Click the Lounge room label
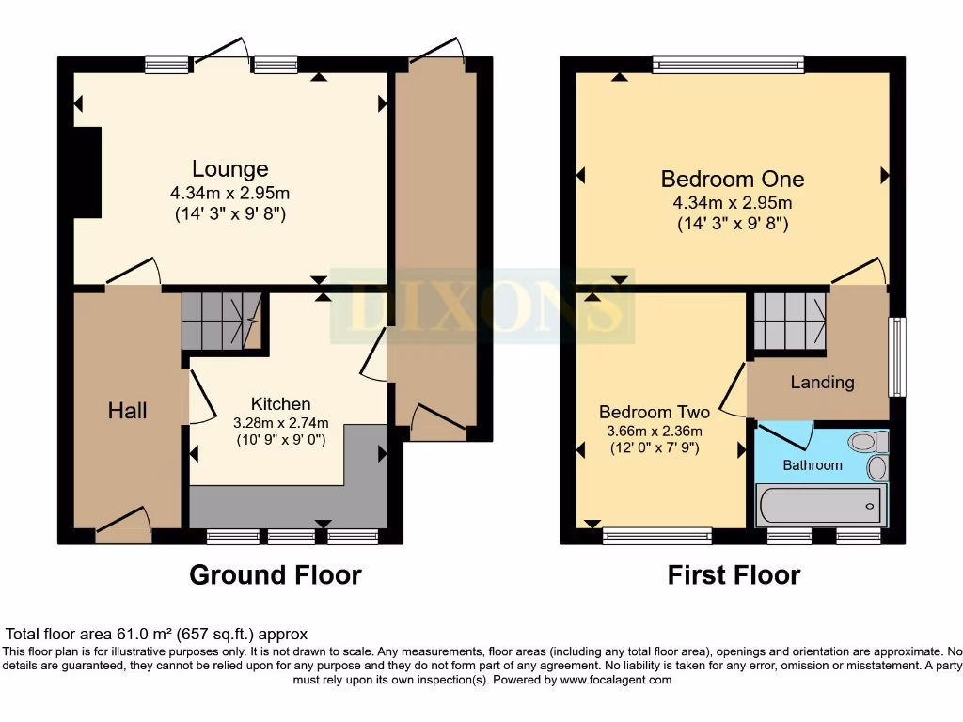point(230,169)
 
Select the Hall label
point(128,410)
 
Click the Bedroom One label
point(732,179)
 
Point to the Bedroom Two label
point(655,412)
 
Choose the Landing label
point(822,382)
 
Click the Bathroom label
point(813,464)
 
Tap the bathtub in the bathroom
point(820,506)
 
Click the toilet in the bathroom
point(865,442)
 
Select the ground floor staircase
point(220,321)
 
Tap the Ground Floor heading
point(275,574)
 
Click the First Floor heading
point(734,574)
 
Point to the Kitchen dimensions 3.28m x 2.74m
point(279,422)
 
